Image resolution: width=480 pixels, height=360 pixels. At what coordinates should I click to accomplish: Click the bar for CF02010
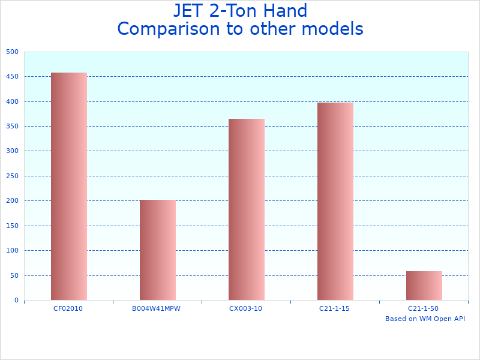68,186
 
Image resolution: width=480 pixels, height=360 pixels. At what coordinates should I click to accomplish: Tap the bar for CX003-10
246,209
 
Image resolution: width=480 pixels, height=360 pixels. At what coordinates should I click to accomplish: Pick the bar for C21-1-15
335,201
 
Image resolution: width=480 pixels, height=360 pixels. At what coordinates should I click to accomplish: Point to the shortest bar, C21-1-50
424,286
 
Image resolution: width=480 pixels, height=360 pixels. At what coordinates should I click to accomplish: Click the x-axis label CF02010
68,308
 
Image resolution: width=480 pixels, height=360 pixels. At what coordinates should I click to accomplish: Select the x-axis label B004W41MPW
156,308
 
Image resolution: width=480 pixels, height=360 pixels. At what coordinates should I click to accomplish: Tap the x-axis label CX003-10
245,308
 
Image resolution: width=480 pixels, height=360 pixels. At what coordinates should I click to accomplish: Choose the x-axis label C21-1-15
334,308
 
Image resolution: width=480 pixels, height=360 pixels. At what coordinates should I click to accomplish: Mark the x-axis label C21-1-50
423,308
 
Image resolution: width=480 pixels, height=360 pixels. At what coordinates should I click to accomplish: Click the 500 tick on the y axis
13,52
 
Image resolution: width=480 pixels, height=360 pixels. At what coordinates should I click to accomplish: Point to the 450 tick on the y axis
13,77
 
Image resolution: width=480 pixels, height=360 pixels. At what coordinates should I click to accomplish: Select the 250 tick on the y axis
13,176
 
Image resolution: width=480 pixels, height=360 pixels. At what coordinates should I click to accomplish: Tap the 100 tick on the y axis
13,251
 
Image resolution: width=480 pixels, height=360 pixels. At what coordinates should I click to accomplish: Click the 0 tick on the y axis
16,301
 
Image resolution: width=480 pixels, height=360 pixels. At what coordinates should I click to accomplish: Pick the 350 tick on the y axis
13,127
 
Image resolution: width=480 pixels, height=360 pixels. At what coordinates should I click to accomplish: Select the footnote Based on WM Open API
425,319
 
